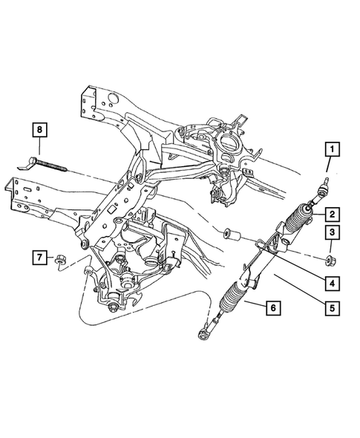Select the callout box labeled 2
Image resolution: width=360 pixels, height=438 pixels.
click(332, 215)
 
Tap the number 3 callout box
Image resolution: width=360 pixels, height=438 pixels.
click(332, 234)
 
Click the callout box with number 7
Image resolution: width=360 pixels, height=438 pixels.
click(37, 258)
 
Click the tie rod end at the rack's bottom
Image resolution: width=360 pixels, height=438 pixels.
click(204, 336)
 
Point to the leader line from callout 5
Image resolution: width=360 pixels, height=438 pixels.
click(297, 290)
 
